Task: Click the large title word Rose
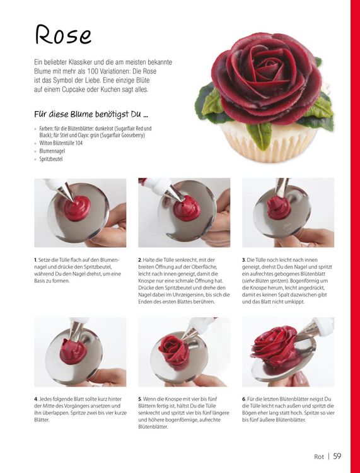63,35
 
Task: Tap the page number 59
337,456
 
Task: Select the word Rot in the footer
318,457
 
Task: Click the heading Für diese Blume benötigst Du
91,114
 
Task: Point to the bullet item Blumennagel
52,151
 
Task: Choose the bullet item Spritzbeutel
50,159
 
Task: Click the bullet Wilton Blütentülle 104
61,143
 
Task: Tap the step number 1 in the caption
35,260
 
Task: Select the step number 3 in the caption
243,260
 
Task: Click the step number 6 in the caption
243,399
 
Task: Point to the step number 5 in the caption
140,399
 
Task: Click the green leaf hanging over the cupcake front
258,136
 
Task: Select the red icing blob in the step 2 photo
187,208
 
